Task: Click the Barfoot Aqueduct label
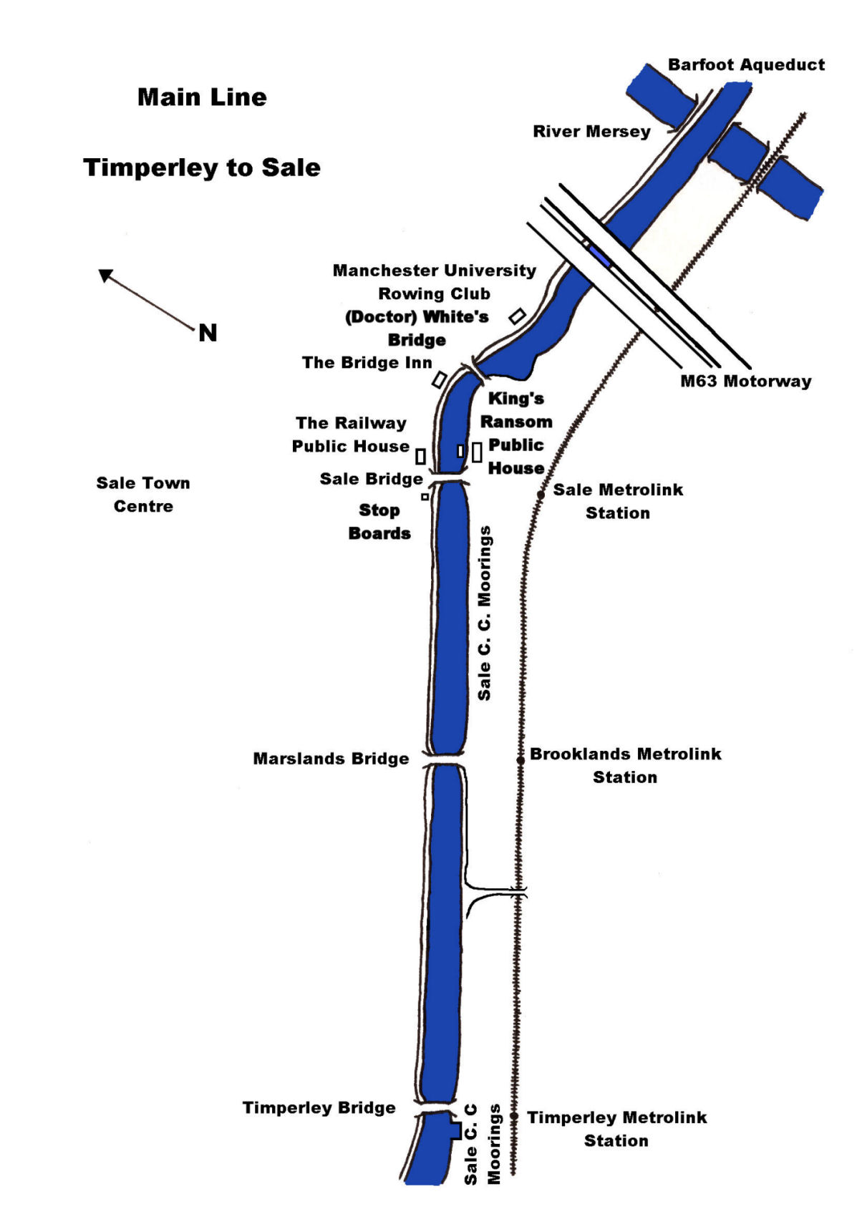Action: [746, 65]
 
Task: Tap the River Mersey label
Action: [591, 132]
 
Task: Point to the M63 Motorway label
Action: [745, 381]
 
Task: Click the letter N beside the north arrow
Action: [208, 333]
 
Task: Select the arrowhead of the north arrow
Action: [106, 275]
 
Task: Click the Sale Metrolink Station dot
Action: [541, 495]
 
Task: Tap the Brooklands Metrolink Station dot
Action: [521, 759]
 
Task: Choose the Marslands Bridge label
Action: [331, 759]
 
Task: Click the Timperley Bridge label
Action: [319, 1108]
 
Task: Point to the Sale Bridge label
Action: [371, 479]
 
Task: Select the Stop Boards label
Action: [379, 522]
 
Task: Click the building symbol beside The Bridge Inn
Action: [440, 379]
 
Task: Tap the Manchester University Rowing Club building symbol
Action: [517, 315]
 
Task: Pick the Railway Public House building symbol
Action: [421, 456]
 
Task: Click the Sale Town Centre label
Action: [143, 495]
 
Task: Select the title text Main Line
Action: [202, 97]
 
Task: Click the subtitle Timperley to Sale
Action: [202, 167]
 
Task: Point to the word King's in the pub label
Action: [515, 399]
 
